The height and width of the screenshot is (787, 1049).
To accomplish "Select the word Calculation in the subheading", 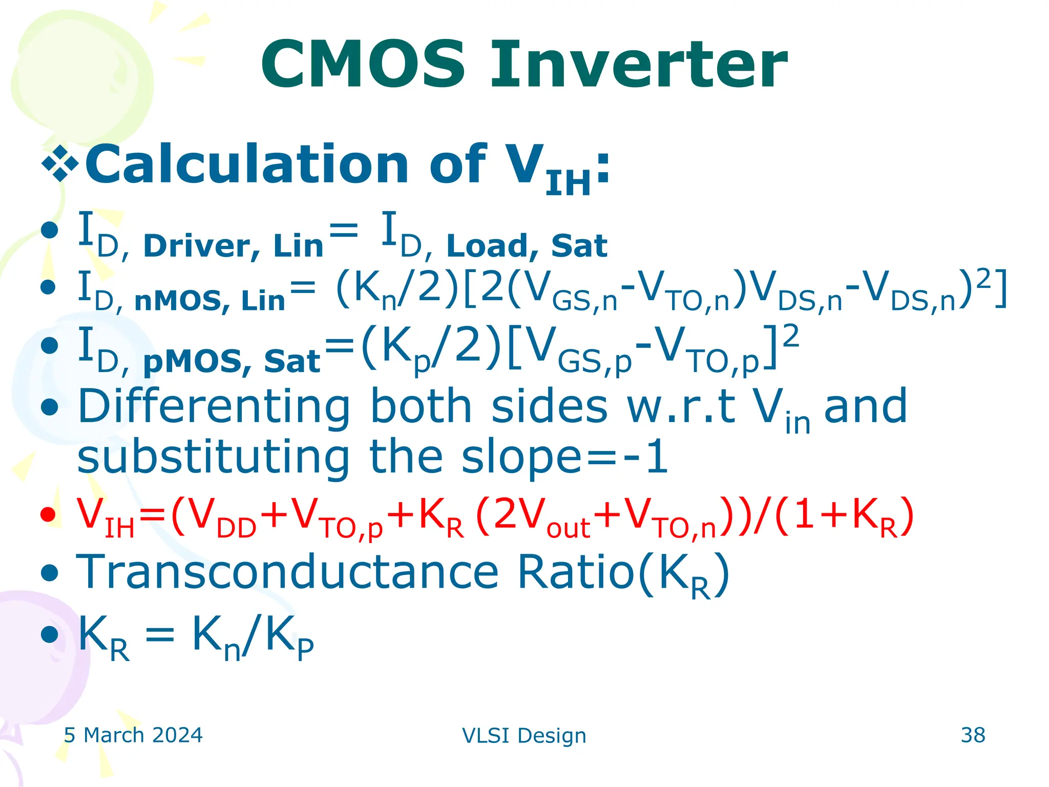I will coord(246,164).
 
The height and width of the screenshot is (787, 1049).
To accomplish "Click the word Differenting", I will coord(214,407).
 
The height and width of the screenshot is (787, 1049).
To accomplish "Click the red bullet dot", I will coord(48,514).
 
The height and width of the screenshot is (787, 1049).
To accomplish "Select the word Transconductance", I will coord(287,572).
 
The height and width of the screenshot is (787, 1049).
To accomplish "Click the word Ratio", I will coord(576,572).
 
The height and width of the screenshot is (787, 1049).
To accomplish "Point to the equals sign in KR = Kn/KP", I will coord(160,636).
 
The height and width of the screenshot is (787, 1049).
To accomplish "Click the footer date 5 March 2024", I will coord(133,735).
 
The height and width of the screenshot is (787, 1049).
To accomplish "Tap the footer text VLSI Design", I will coord(523,736).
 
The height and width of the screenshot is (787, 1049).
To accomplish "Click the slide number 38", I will coord(973,735).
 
